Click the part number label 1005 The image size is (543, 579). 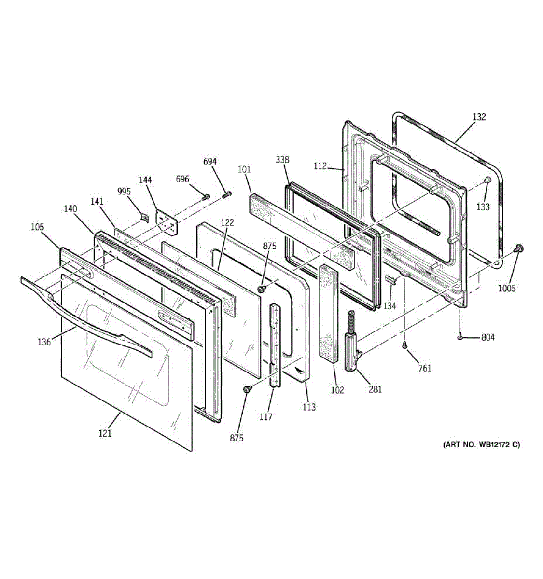pyautogui.click(x=507, y=289)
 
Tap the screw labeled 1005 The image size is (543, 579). pyautogui.click(x=519, y=248)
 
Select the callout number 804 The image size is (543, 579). pyautogui.click(x=488, y=337)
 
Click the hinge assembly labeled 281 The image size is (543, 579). pyautogui.click(x=352, y=343)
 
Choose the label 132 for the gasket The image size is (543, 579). pyautogui.click(x=479, y=117)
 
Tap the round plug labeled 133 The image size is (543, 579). pyautogui.click(x=487, y=180)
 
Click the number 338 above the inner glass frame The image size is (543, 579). pyautogui.click(x=283, y=160)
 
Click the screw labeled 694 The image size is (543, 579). pyautogui.click(x=228, y=194)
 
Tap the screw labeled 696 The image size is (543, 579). pyautogui.click(x=206, y=197)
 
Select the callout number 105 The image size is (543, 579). pyautogui.click(x=37, y=227)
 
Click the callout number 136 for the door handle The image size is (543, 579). pyautogui.click(x=44, y=342)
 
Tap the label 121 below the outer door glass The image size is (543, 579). pyautogui.click(x=105, y=433)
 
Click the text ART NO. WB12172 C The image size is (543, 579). pyautogui.click(x=481, y=444)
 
